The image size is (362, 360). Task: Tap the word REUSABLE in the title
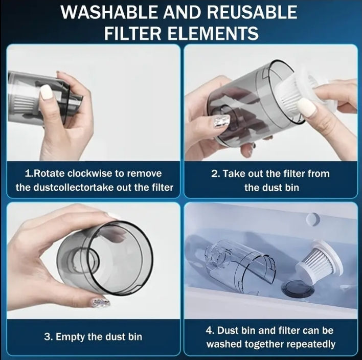coord(252,12)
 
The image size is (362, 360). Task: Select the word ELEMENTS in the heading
coord(213,33)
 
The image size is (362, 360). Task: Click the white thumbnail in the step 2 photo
coord(307,108)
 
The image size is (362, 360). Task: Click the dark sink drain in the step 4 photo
coord(298,287)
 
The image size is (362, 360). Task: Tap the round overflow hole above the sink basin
coord(313,219)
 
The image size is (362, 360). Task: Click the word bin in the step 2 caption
coord(292,188)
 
